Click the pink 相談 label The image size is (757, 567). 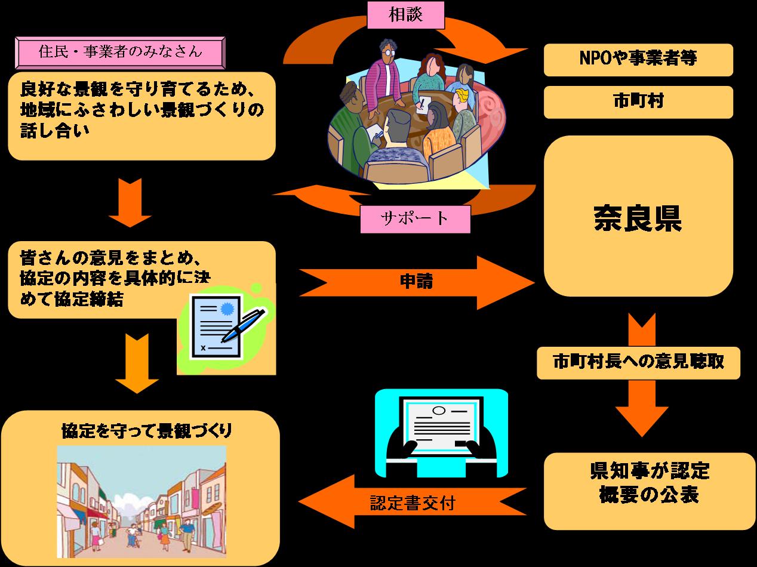click(405, 14)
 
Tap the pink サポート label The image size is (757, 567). click(415, 218)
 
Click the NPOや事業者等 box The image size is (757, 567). click(638, 59)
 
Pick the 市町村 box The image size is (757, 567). click(638, 101)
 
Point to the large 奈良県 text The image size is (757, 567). click(638, 218)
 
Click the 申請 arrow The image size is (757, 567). click(416, 281)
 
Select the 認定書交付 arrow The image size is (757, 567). click(412, 503)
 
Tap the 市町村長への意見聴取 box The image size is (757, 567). click(638, 362)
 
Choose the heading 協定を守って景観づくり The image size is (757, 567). click(146, 431)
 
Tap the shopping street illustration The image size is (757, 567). click(141, 501)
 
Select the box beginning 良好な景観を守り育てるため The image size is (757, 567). click(141, 116)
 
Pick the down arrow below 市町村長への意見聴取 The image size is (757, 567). click(642, 409)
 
